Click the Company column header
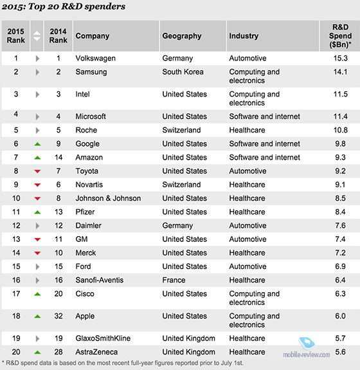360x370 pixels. coord(93,36)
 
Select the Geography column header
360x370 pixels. coord(182,36)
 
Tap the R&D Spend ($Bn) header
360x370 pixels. coord(340,36)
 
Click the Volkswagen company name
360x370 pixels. coord(96,59)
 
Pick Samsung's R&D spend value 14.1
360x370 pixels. coord(340,71)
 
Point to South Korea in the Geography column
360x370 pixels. coord(183,71)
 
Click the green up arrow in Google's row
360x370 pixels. coord(37,144)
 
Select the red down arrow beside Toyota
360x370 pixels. coord(37,171)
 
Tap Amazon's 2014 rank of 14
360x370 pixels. coord(59,158)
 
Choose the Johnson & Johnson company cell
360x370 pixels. coord(108,198)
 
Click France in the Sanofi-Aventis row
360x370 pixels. coord(174,280)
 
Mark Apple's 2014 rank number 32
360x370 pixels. coord(59,316)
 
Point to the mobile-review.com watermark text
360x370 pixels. coord(307,355)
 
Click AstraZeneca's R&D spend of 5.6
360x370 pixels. coord(340,352)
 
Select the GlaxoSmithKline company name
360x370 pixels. coord(103,338)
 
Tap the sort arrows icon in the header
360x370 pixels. coord(37,36)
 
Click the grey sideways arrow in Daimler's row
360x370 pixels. coord(37,226)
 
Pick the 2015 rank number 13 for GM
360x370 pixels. coord(16,239)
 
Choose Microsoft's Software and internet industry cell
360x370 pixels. coord(264,116)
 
